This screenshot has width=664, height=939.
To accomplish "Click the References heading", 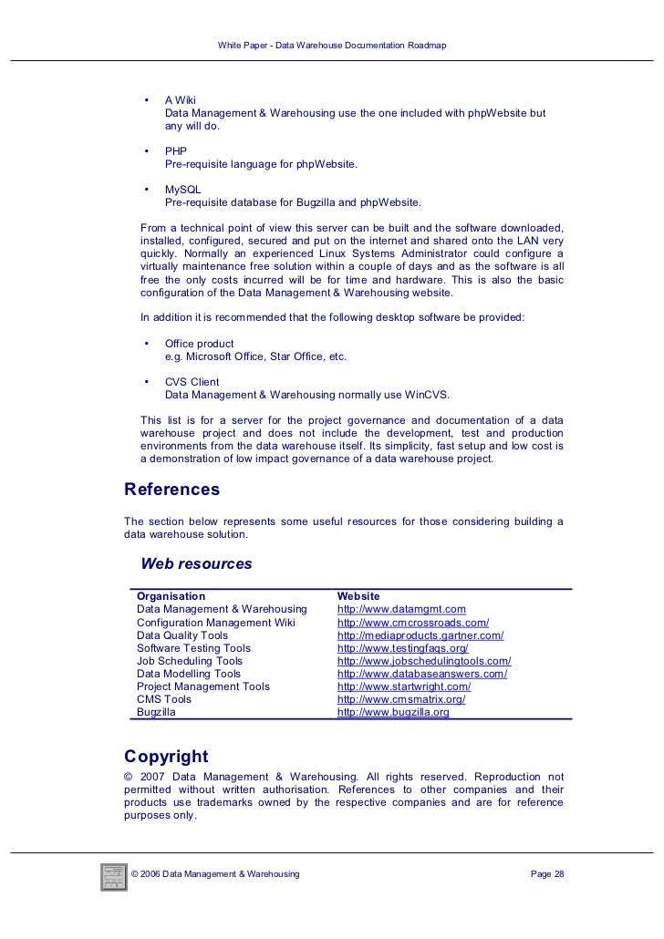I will pos(171,490).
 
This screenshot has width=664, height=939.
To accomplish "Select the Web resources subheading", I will pos(196,563).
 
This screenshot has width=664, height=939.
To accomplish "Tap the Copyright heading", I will pos(166,756).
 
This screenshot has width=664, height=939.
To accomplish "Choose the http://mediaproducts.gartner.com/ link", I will pos(420,635).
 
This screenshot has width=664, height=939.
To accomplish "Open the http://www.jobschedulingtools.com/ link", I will pos(424,661).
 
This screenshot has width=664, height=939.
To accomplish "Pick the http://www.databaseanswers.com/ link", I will pos(421,674).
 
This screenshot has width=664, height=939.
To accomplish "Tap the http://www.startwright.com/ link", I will pos(404,686).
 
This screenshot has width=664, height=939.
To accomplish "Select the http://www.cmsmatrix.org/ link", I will pos(401,699).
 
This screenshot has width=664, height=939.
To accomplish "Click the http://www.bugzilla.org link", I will pos(393,712).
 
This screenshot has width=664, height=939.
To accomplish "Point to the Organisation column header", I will pos(171,596).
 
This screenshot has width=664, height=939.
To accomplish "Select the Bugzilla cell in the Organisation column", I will pos(157,712).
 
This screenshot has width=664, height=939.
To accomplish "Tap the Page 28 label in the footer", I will pos(547,874).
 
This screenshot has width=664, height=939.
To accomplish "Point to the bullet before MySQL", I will pos(146,189).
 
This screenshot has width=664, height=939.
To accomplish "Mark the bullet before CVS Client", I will pos(146,381).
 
